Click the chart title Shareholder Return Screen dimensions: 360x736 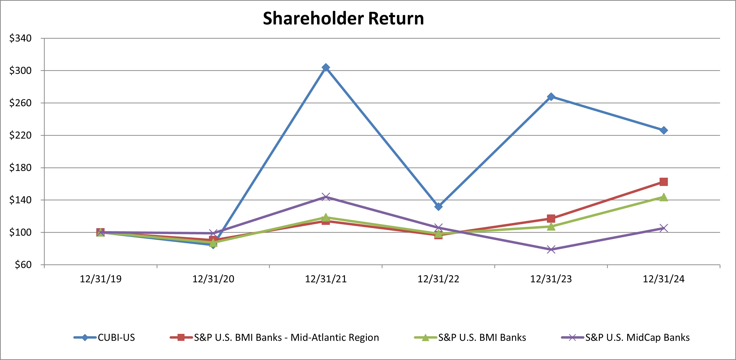pyautogui.click(x=343, y=18)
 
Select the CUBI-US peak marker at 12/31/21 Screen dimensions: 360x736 pyautogui.click(x=326, y=67)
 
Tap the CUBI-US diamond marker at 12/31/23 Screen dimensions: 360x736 pyautogui.click(x=551, y=97)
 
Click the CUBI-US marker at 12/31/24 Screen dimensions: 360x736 pyautogui.click(x=664, y=130)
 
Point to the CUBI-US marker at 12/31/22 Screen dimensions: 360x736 pyautogui.click(x=439, y=206)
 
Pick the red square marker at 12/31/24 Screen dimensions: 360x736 pyautogui.click(x=664, y=182)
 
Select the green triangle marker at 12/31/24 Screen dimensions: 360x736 pyautogui.click(x=664, y=197)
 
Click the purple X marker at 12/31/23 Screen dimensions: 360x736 pyautogui.click(x=551, y=250)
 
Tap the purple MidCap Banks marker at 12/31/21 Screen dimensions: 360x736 pyautogui.click(x=326, y=197)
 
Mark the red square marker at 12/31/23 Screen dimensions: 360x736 pyautogui.click(x=551, y=219)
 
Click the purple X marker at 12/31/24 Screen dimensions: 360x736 pyautogui.click(x=664, y=228)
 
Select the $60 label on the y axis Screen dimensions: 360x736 pyautogui.click(x=23, y=265)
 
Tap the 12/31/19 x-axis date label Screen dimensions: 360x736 pyautogui.click(x=101, y=279)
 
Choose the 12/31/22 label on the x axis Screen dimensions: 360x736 pyautogui.click(x=439, y=279)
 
